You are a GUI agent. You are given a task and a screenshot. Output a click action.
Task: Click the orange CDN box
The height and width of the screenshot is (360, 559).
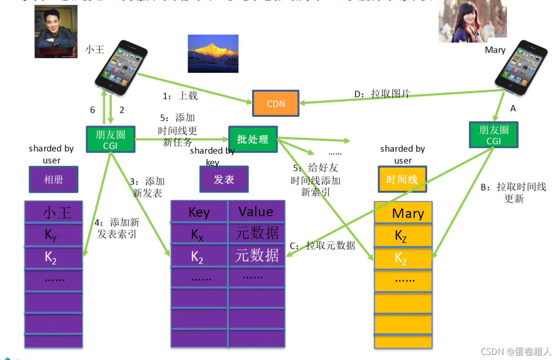coord(276,103)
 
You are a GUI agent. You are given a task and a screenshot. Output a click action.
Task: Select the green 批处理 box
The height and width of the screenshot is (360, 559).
coord(253,139)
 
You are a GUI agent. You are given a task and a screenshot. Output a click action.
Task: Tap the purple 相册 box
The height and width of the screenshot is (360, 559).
coord(53,179)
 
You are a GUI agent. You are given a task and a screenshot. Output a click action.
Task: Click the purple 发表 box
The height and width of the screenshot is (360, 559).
coord(224,179)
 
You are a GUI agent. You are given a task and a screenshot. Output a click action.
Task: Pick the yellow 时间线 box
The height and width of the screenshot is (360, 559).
coord(402,179)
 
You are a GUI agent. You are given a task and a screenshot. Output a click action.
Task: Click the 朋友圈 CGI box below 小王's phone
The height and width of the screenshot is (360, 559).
coord(110,139)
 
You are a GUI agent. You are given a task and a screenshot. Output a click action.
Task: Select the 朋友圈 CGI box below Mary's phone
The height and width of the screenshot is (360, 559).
coord(494,135)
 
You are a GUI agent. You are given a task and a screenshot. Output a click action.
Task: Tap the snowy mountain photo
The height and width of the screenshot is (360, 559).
coord(213,53)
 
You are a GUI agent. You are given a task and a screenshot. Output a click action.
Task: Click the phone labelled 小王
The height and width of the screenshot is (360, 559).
coord(117,67)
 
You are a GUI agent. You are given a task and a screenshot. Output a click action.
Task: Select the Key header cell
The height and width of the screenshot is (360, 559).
coord(199,212)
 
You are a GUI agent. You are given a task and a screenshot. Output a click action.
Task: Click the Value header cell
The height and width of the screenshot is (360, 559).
coord(256,212)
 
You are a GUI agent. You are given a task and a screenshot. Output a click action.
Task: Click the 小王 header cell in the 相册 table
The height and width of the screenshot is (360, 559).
coord(54,212)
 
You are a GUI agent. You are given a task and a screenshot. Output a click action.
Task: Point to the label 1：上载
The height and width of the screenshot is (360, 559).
coord(180,96)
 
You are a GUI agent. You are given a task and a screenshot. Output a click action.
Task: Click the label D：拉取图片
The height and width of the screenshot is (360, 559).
coord(382,94)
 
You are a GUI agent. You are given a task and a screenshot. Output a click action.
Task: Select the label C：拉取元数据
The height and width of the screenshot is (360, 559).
coord(322,245)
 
